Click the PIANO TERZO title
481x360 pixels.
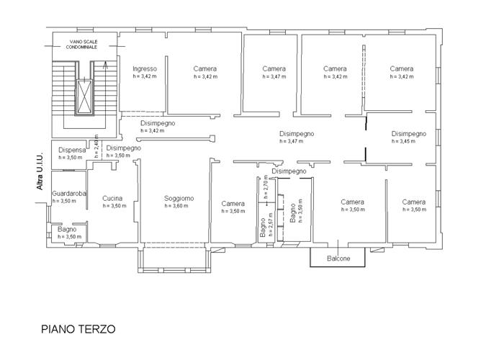78,329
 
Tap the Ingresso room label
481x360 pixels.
145,69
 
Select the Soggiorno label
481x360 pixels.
179,199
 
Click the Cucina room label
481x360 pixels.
112,199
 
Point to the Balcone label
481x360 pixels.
338,258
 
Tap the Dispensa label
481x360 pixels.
72,150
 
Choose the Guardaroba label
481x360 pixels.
68,194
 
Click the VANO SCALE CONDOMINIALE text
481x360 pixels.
82,44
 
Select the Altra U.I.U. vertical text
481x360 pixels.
40,171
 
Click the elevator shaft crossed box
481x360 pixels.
84,96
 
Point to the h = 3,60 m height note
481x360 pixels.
176,206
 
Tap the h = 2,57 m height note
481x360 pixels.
270,225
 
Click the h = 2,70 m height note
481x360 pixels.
266,186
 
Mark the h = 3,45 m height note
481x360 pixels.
403,141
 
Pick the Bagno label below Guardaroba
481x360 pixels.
67,230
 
